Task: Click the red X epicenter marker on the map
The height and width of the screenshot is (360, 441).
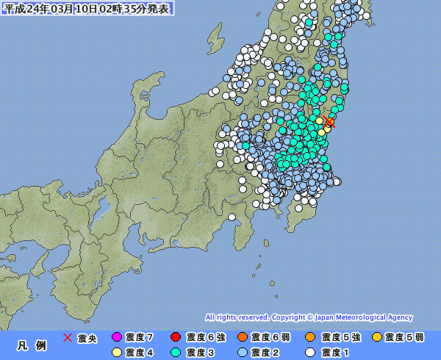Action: (x=331, y=122)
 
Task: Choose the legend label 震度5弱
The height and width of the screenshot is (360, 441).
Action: (x=405, y=337)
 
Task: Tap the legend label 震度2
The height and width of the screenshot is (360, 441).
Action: (x=265, y=353)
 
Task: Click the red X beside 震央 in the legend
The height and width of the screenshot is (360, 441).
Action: (x=67, y=337)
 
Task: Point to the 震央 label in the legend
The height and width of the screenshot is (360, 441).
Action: (x=87, y=337)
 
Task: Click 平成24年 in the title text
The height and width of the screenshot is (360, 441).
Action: (x=24, y=9)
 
